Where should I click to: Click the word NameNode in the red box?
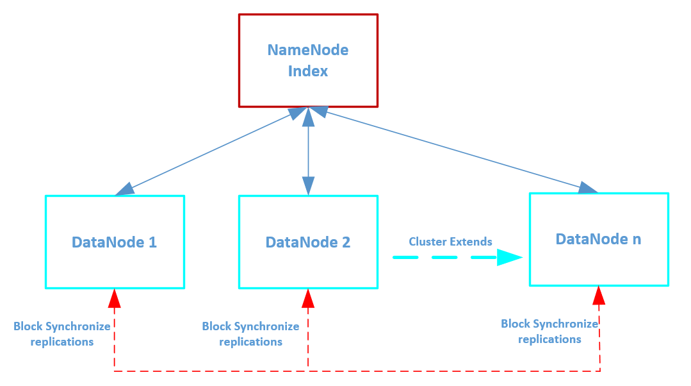tap(308, 50)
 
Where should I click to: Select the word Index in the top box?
tap(308, 71)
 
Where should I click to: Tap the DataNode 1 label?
tap(114, 242)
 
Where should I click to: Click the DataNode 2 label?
tap(307, 242)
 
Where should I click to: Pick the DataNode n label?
tap(598, 239)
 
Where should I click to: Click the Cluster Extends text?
tap(450, 242)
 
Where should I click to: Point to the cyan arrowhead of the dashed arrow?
tap(508, 258)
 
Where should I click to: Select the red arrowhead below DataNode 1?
tap(115, 298)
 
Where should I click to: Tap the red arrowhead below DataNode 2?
tap(308, 298)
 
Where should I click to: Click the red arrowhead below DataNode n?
tap(599, 295)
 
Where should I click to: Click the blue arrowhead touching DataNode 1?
tap(126, 189)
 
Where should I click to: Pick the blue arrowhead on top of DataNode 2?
tap(309, 185)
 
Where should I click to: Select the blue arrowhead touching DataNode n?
tap(587, 188)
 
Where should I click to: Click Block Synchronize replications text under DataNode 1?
tap(62, 334)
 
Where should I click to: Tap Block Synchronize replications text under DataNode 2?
tap(250, 334)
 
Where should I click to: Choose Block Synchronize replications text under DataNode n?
tap(549, 331)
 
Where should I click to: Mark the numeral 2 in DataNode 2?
tap(346, 242)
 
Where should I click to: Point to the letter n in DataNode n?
tap(637, 240)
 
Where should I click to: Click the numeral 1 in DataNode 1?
tap(152, 242)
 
